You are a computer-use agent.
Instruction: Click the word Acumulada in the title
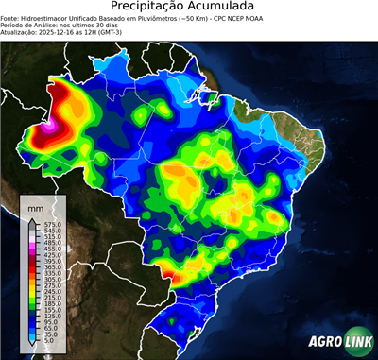click(228, 8)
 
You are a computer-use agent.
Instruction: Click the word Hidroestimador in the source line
click(53, 19)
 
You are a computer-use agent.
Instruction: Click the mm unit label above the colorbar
click(35, 205)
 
